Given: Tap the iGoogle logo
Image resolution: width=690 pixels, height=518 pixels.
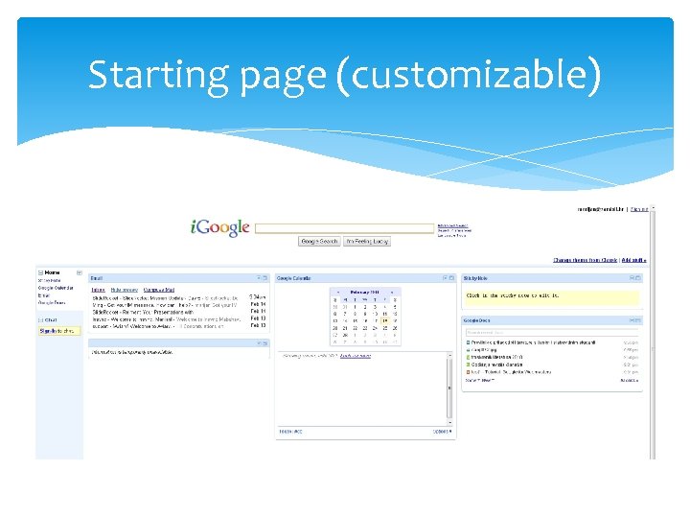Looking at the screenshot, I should [x=220, y=227].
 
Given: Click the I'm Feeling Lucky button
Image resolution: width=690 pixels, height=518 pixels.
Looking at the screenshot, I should [x=367, y=242].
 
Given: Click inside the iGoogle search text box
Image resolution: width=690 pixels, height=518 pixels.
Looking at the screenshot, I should [x=345, y=228].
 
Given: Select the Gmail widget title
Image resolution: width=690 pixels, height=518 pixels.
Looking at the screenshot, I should [x=97, y=278].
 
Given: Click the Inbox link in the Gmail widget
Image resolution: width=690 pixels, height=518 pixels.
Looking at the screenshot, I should [x=98, y=289].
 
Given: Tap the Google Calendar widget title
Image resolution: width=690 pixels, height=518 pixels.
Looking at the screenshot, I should [x=295, y=278].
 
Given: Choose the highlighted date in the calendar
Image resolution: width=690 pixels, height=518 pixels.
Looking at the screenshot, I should [x=384, y=320].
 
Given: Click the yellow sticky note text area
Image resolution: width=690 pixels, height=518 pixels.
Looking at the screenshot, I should [x=550, y=296].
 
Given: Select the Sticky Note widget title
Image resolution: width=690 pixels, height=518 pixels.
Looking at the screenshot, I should [x=477, y=278].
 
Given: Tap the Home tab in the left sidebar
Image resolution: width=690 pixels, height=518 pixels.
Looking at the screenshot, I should [x=53, y=272].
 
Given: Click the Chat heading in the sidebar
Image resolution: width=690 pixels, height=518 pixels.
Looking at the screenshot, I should [x=51, y=319].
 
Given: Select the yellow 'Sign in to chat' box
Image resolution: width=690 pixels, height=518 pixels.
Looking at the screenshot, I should [x=58, y=331].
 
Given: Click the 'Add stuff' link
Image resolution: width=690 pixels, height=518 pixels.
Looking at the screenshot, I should [x=633, y=260].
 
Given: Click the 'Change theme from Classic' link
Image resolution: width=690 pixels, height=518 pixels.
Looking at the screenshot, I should [x=585, y=260].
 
